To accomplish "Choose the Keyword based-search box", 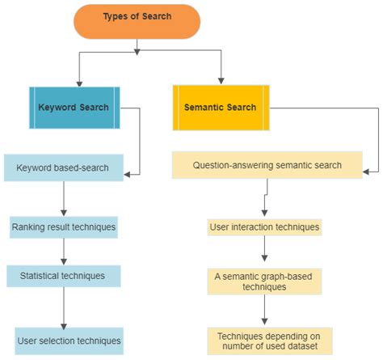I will point(63,169).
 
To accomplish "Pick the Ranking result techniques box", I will point(63,227).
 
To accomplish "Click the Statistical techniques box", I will point(63,276).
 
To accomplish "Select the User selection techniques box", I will point(69,341).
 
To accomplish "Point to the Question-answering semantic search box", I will point(267,166).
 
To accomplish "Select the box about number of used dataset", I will point(269,340).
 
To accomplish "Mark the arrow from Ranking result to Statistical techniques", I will point(63,252).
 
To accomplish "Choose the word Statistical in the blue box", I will point(43,276).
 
